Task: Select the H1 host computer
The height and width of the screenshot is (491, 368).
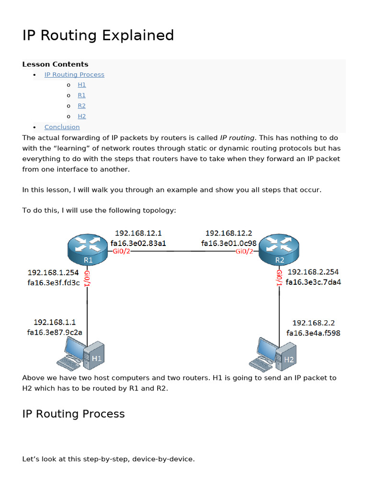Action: pyautogui.click(x=80, y=354)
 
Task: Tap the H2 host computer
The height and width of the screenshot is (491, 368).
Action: pyautogui.click(x=273, y=354)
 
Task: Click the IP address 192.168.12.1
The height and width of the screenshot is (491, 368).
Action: pyautogui.click(x=138, y=234)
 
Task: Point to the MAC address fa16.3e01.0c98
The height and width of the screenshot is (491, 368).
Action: pyautogui.click(x=229, y=243)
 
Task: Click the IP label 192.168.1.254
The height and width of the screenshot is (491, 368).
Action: pyautogui.click(x=53, y=273)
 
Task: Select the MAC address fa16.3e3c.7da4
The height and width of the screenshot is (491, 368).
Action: pyautogui.click(x=313, y=282)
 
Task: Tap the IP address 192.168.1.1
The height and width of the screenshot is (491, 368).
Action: pyautogui.click(x=55, y=322)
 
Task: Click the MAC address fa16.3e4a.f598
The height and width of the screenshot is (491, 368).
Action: pyautogui.click(x=313, y=333)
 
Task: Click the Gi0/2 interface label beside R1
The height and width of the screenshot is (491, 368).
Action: pyautogui.click(x=121, y=251)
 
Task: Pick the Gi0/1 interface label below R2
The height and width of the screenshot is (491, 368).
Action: pyautogui.click(x=279, y=278)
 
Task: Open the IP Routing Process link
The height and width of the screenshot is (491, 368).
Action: pyautogui.click(x=74, y=74)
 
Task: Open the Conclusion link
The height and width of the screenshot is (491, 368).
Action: pyautogui.click(x=62, y=127)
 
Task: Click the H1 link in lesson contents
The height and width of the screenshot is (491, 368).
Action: pyautogui.click(x=81, y=85)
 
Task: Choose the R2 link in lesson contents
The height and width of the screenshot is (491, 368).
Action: pyautogui.click(x=81, y=106)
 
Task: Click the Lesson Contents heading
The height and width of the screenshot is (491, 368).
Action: pyautogui.click(x=55, y=64)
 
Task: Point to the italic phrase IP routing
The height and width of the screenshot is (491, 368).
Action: pyautogui.click(x=237, y=138)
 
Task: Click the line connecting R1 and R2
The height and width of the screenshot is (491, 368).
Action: pyautogui.click(x=183, y=251)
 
